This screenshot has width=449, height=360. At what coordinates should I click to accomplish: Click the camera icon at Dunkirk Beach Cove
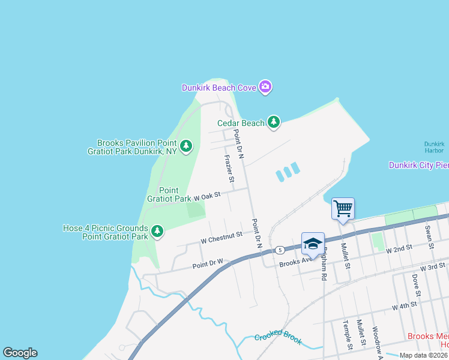[265, 88]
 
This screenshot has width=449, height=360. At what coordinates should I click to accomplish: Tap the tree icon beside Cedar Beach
[274, 123]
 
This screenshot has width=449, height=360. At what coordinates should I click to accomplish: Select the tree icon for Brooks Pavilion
[186, 145]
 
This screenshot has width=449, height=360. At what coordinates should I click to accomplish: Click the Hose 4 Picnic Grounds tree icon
[157, 231]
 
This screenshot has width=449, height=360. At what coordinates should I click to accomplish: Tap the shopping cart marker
[343, 209]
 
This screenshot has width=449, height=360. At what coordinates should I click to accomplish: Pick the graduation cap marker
[313, 244]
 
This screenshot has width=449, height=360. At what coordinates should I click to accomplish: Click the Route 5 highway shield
[280, 250]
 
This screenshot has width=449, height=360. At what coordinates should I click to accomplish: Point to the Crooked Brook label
[278, 338]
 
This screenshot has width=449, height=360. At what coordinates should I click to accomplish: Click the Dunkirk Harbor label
[434, 147]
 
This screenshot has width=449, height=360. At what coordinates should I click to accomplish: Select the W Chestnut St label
[221, 238]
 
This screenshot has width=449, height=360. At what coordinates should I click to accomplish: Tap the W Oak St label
[208, 196]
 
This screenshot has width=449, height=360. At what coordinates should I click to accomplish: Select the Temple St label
[347, 335]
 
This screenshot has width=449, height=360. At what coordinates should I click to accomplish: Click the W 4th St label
[405, 306]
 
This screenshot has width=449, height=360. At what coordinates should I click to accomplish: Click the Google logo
[20, 353]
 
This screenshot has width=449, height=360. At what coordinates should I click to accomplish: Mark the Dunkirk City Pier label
[418, 165]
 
